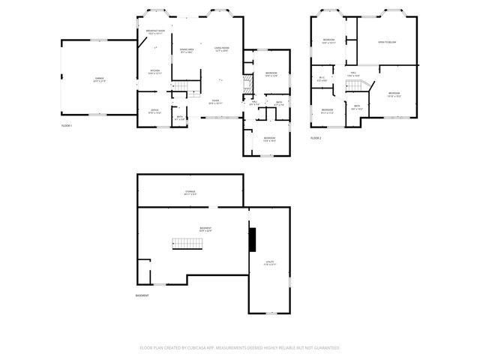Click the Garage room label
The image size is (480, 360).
pos(99,79)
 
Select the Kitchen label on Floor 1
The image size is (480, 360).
pos(154,72)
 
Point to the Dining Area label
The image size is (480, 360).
pos(186,51)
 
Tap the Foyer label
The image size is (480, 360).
pos(215,101)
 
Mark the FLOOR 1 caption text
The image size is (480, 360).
pos(67,126)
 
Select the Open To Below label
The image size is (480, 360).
pos(387,42)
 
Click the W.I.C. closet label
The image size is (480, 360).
pos(322,78)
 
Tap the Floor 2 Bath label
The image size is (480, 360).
pos(357,106)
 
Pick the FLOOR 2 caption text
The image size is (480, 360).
pos(316,139)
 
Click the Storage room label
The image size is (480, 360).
pos(190,192)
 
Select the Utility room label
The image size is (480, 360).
pos(270,263)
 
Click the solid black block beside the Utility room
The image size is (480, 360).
pos(253,240)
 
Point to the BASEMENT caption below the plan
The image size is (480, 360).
pos(142,295)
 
